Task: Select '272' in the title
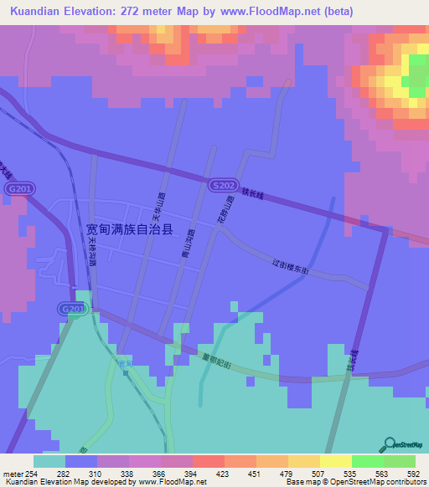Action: tap(158, 12)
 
